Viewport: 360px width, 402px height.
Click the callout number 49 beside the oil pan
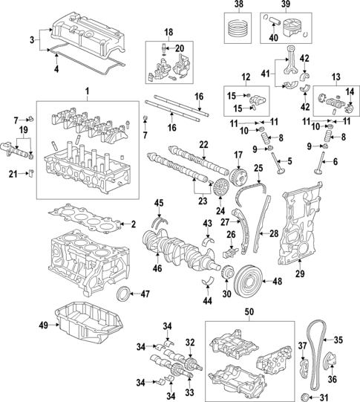[42, 325]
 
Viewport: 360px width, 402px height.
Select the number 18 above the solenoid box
[168, 32]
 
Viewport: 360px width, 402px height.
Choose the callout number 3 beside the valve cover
[31, 38]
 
